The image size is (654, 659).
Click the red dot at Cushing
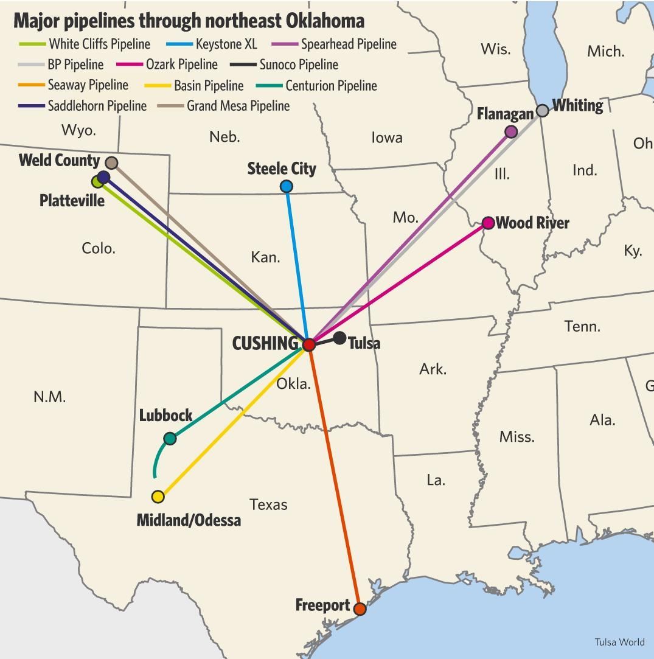pyautogui.click(x=308, y=344)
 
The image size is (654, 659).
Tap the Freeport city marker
pyautogui.click(x=360, y=609)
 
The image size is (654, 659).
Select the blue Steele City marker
pyautogui.click(x=287, y=186)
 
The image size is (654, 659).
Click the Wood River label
pyautogui.click(x=532, y=223)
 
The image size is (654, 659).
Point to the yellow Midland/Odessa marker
pyautogui.click(x=158, y=497)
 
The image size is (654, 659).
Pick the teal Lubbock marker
pyautogui.click(x=170, y=438)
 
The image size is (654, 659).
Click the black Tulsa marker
pyautogui.click(x=339, y=338)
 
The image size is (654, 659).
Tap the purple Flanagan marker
pyautogui.click(x=511, y=131)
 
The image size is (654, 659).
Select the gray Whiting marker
pyautogui.click(x=542, y=111)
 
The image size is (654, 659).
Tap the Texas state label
pyautogui.click(x=268, y=504)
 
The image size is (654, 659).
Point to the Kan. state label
pyautogui.click(x=265, y=257)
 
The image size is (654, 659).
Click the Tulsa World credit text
pyautogui.click(x=619, y=642)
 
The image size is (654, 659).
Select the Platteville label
pyautogui.click(x=72, y=201)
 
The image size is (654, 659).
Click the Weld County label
pyautogui.click(x=59, y=161)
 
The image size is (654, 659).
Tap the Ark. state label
pyautogui.click(x=433, y=369)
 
